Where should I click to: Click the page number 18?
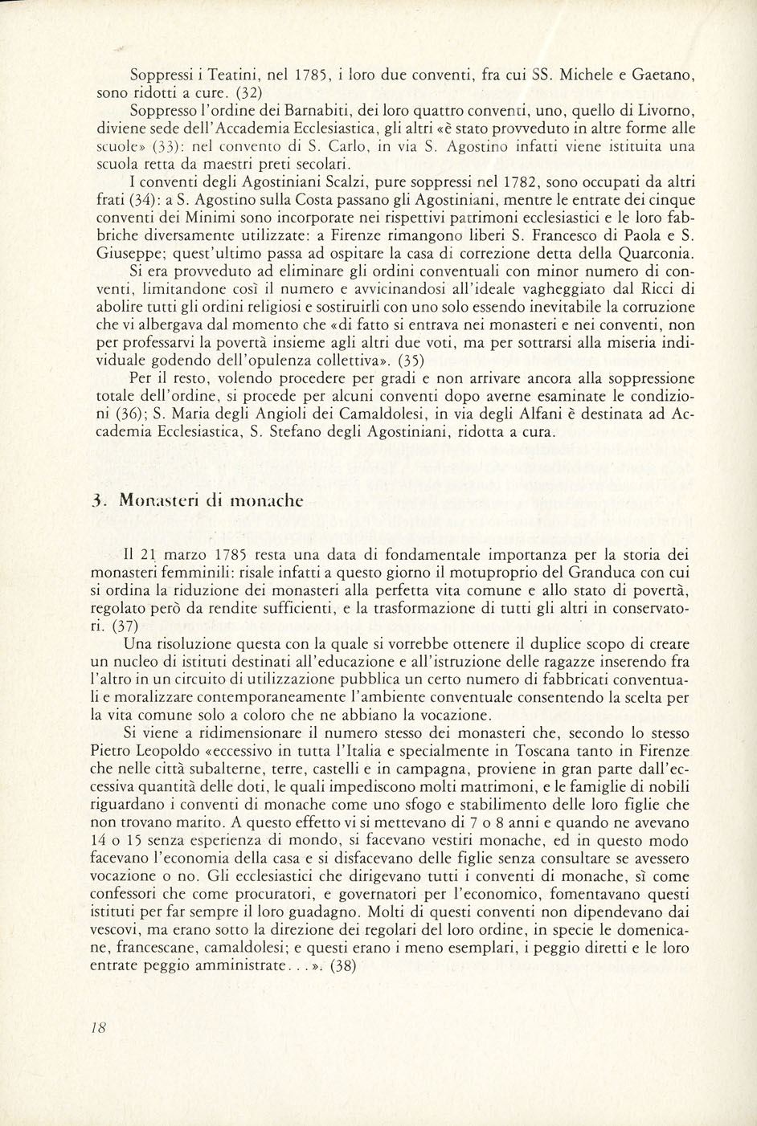click(x=100, y=1027)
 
